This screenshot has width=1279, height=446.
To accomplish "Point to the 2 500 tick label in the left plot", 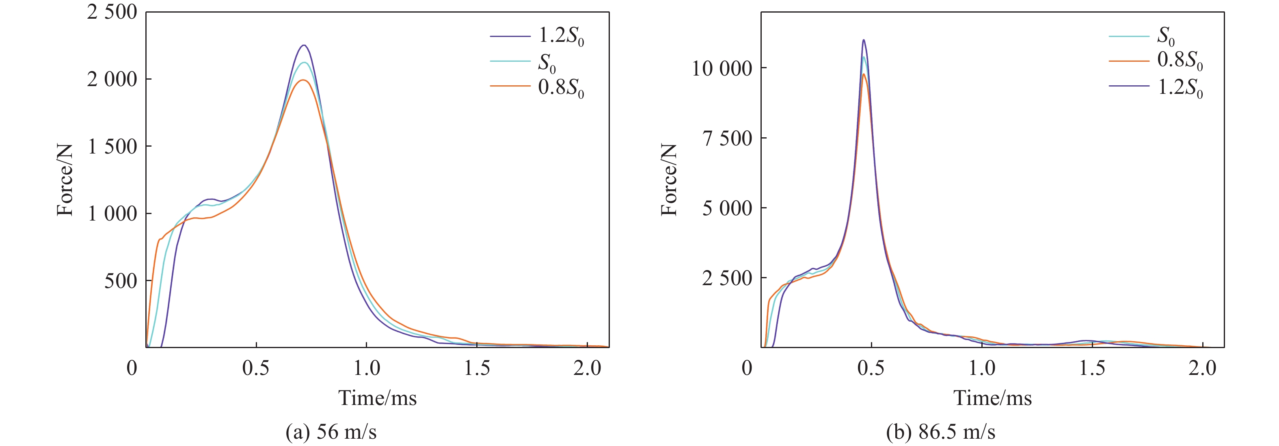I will coord(112,12).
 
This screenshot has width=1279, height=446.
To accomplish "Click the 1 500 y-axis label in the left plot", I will coord(112,147).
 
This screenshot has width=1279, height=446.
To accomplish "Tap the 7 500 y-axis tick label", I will coord(727,138).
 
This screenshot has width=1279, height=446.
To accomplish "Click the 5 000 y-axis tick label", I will coord(727,208).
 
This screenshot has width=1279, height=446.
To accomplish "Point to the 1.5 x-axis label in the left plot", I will coord(477,368).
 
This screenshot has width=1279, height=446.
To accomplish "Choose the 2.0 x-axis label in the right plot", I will coord(1202,368).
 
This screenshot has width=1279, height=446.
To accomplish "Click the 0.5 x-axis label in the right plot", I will coord(871,368).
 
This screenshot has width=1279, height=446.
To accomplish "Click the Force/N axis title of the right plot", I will coord(669,180).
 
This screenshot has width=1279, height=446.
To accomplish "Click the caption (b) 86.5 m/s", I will coord(940,432).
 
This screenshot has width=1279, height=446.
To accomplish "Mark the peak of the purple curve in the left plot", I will coord(304,45).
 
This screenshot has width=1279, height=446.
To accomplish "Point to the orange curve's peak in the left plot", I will coord(303,80).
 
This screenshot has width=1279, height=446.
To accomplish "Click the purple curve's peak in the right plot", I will coord(863,40).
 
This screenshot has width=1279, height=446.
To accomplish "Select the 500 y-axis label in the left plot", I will coord(120,281).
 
